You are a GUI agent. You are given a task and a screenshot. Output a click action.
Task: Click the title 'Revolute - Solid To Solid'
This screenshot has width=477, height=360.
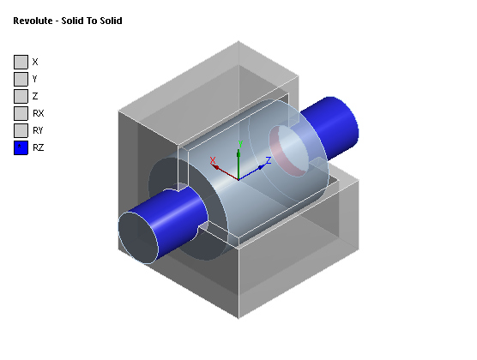click(67, 21)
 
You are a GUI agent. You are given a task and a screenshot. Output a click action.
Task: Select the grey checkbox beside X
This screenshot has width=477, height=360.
click(21, 62)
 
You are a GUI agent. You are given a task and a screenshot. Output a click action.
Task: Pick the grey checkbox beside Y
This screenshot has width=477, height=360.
click(21, 79)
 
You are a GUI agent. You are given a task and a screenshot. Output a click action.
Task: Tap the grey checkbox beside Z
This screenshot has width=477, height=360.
click(21, 96)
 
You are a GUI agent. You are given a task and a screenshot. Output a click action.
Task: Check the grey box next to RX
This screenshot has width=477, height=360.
click(21, 113)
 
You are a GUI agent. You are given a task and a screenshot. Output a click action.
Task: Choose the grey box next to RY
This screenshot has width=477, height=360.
click(21, 130)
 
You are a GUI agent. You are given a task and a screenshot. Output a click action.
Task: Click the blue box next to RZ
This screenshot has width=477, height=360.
click(21, 147)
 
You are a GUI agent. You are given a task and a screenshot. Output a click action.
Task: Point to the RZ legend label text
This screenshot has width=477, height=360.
click(38, 147)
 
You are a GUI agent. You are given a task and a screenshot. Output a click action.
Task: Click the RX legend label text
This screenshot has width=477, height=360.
click(38, 113)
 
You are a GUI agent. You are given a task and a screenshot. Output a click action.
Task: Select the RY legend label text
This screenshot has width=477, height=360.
click(38, 130)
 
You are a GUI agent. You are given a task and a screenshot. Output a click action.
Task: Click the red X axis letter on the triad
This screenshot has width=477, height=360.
click(213, 159)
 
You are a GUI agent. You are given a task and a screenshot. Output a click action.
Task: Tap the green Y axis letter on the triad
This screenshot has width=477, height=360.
click(241, 144)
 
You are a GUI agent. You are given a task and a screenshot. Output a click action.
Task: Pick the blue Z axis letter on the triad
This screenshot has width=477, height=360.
click(269, 159)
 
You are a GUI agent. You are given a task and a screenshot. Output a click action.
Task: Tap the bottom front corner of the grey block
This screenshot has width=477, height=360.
click(237, 316)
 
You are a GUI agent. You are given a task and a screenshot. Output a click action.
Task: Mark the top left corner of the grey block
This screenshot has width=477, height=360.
click(118, 110)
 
